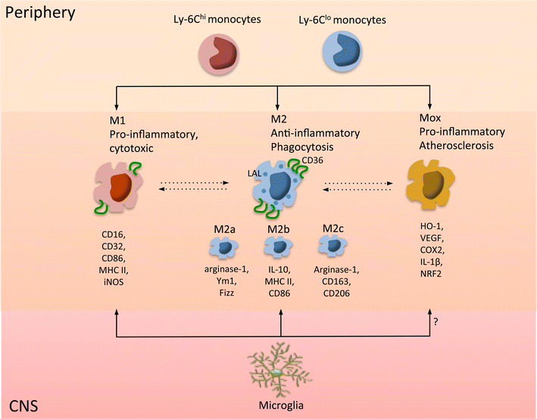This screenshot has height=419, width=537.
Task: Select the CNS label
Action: (25, 406)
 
